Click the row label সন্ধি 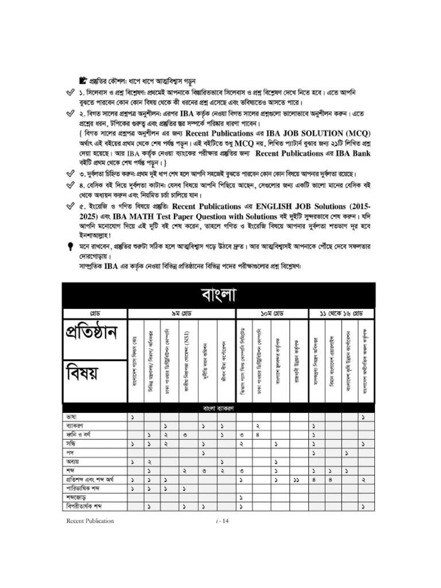(72, 444)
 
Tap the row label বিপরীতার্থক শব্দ (86, 506)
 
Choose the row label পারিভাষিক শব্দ (84, 488)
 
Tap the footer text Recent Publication (90, 521)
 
